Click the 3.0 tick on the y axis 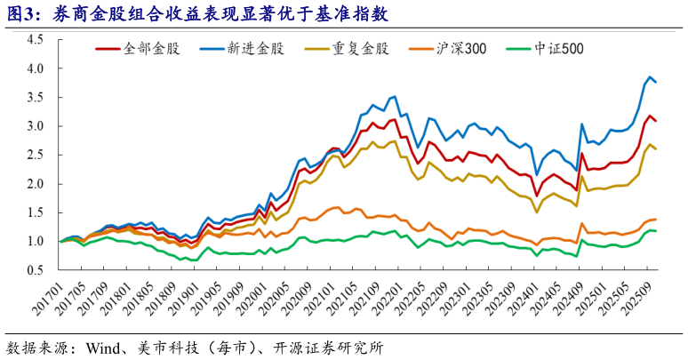(x=36, y=126)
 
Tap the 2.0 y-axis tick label (x=36, y=184)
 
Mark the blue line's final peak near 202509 (x=650, y=77)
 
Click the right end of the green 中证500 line (x=656, y=231)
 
